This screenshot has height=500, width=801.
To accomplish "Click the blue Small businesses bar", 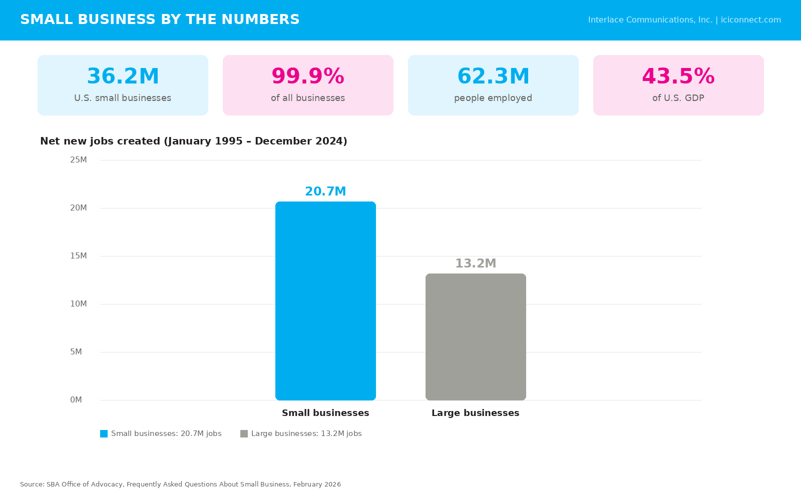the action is [x=325, y=300].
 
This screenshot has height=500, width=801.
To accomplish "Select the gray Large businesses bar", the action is [x=476, y=337].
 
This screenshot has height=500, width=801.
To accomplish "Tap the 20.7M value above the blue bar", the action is [x=325, y=191].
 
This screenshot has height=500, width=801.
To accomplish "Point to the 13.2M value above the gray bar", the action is [x=476, y=263].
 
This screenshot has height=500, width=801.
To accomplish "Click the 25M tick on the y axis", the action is [x=78, y=159].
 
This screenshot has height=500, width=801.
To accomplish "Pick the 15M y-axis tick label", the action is [x=78, y=255].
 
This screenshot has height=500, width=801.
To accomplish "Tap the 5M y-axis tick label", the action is [x=76, y=352].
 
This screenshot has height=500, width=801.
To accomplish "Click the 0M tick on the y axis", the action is [x=76, y=399].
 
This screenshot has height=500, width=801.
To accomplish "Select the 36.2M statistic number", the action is [x=123, y=76].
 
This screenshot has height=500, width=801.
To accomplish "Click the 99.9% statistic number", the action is [x=308, y=76].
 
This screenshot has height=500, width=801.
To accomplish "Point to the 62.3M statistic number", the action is [x=493, y=76].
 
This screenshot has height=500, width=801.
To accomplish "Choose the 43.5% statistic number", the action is [x=678, y=76].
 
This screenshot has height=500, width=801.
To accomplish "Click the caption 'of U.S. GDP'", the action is [x=678, y=98].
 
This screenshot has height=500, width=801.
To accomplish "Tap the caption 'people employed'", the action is [x=493, y=98].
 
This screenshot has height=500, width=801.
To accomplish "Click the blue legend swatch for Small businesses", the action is [x=104, y=433].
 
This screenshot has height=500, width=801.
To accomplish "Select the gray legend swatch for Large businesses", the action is [x=244, y=433].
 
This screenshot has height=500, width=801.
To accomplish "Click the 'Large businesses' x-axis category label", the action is [x=476, y=413].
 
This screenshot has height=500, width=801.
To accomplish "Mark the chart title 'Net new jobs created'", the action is [x=100, y=141].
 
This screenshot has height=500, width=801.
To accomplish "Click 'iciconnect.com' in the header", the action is [x=750, y=20].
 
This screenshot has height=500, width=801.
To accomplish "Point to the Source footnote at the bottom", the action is [x=180, y=484].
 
